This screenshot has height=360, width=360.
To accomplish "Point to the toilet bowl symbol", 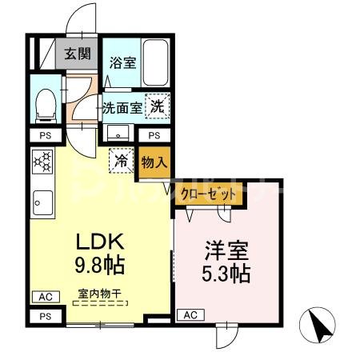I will coord(46,102).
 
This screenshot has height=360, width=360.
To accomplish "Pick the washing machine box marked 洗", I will coord(158,105).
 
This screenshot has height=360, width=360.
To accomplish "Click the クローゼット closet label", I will coord(209,194).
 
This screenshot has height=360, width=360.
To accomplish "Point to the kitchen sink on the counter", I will coord(41,203).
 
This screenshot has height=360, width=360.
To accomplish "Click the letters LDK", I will coord(101,241).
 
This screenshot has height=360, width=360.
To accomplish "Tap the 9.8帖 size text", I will coord(101,264).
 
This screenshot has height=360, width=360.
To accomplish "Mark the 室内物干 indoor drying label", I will coord(100,294).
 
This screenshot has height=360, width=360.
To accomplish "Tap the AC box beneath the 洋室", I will coord(190,315).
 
